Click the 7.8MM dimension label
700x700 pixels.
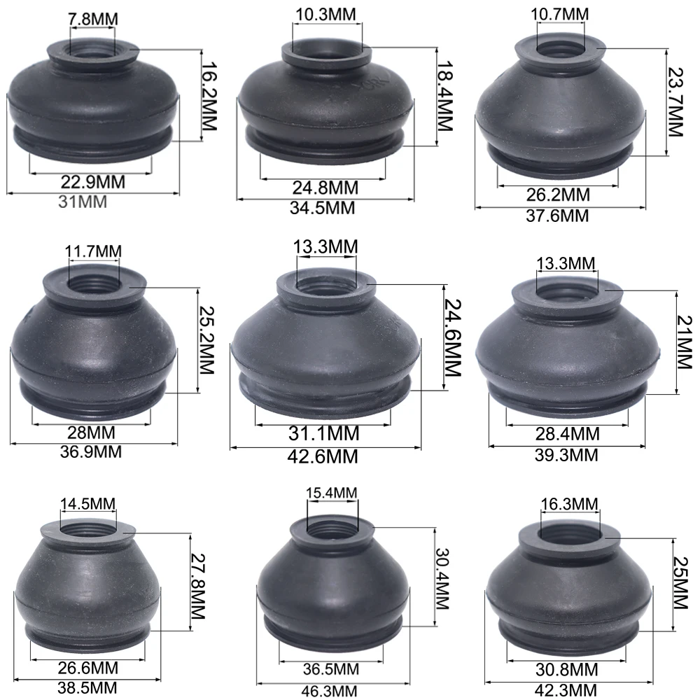click(x=93, y=19)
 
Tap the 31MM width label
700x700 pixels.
click(x=83, y=202)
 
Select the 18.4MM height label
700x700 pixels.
click(x=444, y=96)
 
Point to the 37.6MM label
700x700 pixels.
click(x=557, y=216)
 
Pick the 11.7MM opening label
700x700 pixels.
click(x=93, y=251)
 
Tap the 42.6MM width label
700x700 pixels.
click(x=323, y=456)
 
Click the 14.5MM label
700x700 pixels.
click(x=88, y=504)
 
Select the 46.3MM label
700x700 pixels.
click(x=330, y=691)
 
